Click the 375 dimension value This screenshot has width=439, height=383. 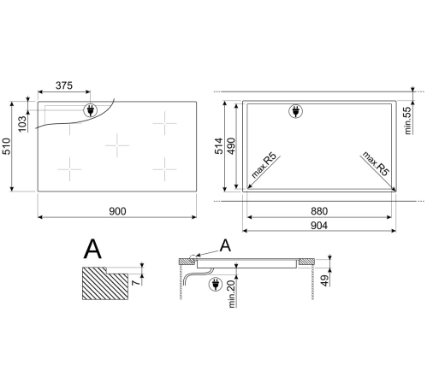point(64,85)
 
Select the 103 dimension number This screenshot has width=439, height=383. point(22,124)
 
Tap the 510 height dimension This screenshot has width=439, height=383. point(6,146)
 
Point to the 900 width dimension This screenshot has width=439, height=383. point(117,211)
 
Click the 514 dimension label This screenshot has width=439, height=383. point(219,146)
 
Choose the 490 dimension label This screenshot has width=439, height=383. point(231,146)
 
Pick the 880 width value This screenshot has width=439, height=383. point(319,211)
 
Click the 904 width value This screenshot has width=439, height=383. point(319,226)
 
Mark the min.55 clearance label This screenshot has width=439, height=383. point(408,121)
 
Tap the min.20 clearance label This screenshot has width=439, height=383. point(232,294)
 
